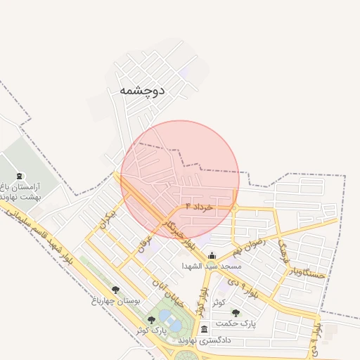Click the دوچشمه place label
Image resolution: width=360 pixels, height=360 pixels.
tap(141, 90)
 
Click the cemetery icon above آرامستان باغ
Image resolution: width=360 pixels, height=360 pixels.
tap(19, 176)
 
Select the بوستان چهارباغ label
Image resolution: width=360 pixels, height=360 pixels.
tap(116, 300)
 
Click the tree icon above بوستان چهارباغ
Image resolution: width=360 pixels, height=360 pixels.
tap(115, 289)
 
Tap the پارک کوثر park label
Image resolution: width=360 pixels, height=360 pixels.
tap(169, 330)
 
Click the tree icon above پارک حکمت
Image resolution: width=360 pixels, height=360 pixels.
tap(235, 313)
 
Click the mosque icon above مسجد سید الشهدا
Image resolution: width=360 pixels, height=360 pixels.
tap(212, 256)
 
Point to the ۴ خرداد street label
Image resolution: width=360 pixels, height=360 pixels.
tap(199, 207)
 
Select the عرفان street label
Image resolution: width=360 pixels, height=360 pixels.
tap(143, 243)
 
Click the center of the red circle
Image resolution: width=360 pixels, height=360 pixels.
tap(180, 179)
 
